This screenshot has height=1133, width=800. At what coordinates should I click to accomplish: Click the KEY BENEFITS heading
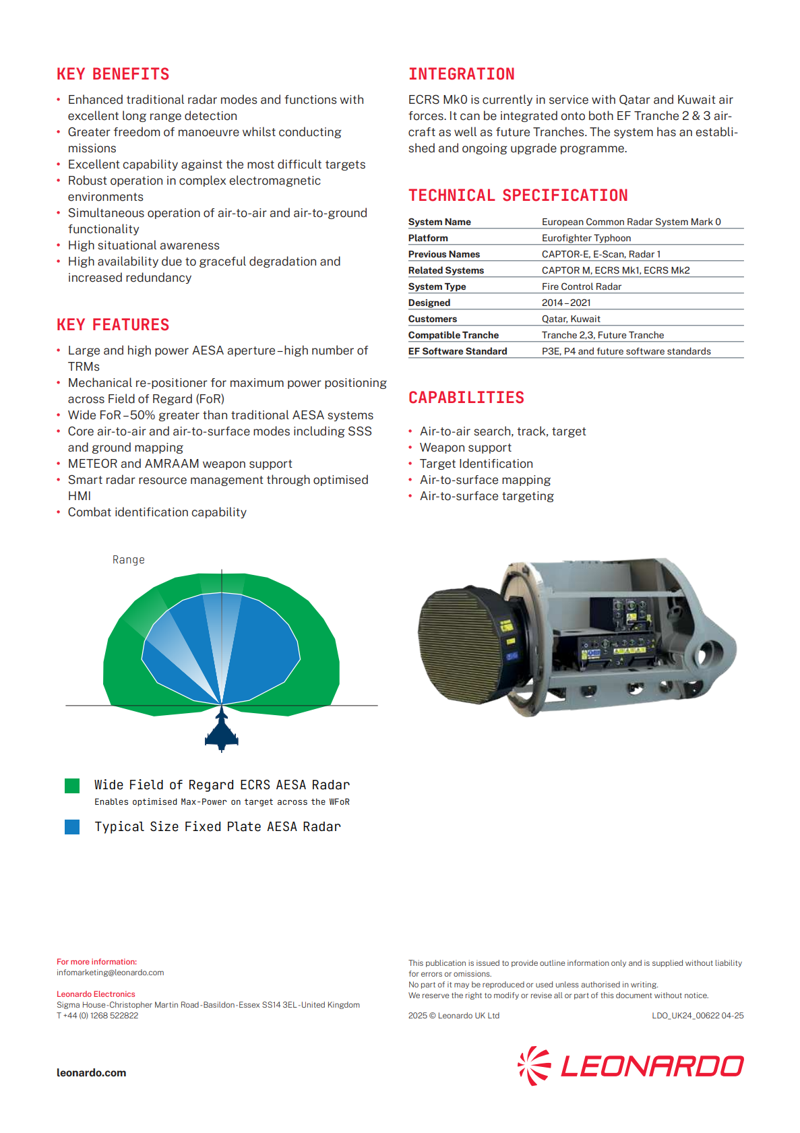tap(113, 74)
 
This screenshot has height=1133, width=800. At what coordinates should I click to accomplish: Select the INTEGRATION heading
tap(461, 74)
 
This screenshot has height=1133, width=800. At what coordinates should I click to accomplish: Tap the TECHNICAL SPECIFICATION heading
tap(518, 195)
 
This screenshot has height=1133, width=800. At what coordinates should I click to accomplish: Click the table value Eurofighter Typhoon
tap(586, 238)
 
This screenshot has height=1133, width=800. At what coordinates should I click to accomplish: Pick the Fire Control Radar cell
tap(581, 286)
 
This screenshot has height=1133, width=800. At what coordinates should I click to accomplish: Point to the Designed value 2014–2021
tap(565, 303)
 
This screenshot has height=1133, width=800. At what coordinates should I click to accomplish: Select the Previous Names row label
tap(443, 254)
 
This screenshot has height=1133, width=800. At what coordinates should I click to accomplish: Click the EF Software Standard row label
tap(457, 351)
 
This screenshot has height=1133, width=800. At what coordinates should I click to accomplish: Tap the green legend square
tap(72, 785)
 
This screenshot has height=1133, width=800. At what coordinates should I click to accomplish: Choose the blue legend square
tap(72, 827)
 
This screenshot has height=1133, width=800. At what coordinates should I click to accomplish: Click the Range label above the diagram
tap(128, 559)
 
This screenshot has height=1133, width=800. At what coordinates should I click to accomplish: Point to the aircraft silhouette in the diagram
tap(222, 731)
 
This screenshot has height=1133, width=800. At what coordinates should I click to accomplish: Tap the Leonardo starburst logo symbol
tap(534, 1066)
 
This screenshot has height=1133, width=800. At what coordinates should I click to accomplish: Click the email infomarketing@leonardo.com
tap(110, 973)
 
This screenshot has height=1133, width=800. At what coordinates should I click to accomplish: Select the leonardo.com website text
tap(91, 1073)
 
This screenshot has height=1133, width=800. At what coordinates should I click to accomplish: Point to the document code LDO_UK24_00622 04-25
tap(697, 1016)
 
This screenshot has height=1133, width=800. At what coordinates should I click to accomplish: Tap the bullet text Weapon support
tap(465, 448)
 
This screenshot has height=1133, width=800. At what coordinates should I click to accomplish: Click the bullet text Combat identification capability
tap(157, 512)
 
